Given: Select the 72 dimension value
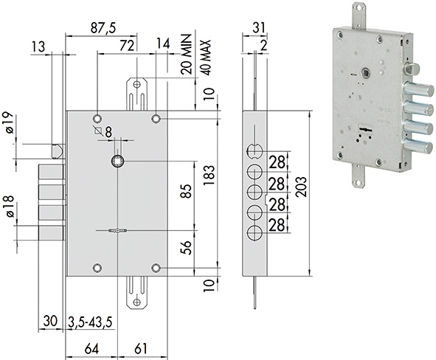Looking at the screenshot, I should (x=127, y=46).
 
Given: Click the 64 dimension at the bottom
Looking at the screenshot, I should (x=91, y=347).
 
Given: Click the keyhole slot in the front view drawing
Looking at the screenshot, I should (x=119, y=232).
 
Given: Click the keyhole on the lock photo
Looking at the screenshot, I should (x=363, y=132).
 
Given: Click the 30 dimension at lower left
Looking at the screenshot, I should (x=50, y=322).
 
